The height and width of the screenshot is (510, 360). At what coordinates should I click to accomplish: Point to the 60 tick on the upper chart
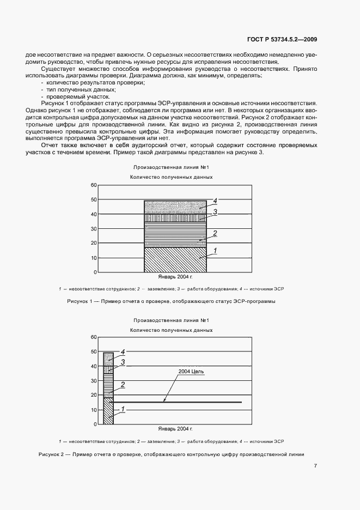point(93,185)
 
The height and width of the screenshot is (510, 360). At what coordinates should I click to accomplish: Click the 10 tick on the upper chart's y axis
point(93,258)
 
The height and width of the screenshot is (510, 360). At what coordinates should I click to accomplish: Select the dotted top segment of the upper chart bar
point(174,206)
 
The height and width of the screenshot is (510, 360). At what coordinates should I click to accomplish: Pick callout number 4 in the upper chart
point(215,201)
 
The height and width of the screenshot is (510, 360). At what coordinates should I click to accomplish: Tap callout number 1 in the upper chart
point(215,251)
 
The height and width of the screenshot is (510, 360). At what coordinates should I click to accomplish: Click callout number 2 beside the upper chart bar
point(215,234)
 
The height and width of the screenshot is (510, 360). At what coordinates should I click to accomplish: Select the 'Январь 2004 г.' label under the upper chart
point(175,277)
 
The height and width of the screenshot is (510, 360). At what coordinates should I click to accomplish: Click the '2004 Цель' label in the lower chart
point(191,371)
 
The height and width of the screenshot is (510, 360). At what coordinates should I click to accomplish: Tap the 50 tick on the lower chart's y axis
point(93,352)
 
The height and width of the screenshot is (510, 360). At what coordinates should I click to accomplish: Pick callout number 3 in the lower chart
point(123,361)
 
